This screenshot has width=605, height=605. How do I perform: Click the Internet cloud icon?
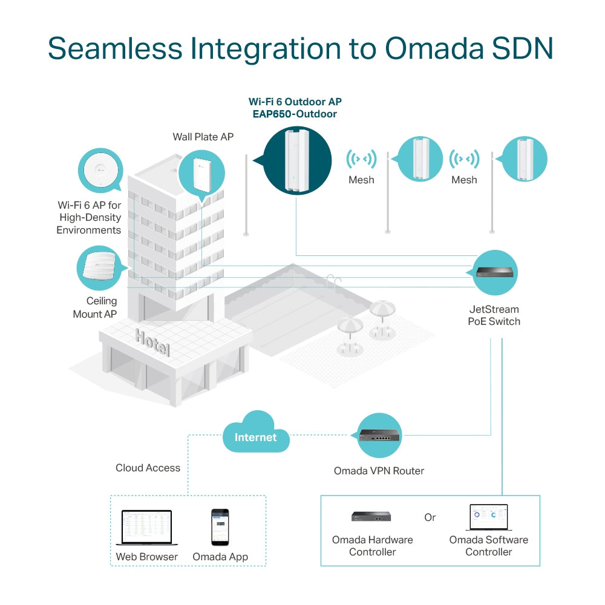[x=255, y=433]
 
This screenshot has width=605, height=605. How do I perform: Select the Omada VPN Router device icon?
[x=379, y=436]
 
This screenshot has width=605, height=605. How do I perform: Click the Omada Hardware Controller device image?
[x=371, y=516]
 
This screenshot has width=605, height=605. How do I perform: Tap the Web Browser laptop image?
[x=146, y=527]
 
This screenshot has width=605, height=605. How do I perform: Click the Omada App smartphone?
[x=220, y=526]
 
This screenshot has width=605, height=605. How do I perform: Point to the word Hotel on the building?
[x=152, y=342]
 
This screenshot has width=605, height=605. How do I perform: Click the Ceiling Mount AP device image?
[x=100, y=267]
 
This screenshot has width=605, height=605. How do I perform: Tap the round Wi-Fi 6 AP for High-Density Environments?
[x=100, y=170]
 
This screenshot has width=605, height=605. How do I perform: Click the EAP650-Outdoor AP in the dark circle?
[x=297, y=160]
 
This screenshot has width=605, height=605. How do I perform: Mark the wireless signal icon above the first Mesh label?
[x=361, y=159]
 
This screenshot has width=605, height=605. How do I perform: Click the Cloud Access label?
[x=148, y=468]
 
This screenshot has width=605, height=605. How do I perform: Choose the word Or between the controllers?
[x=430, y=518]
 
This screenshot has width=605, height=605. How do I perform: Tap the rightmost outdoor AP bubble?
[x=524, y=159]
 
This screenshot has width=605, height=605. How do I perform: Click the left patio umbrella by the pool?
[x=349, y=326]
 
